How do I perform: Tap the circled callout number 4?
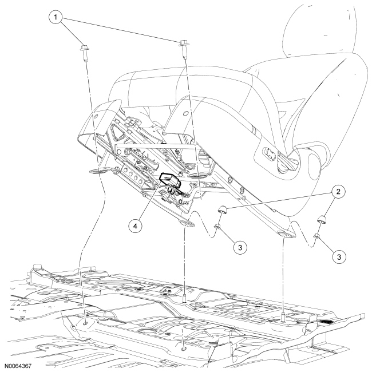(136, 226)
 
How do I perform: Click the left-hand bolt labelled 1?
(83, 49)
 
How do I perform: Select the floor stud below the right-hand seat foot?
(284, 315)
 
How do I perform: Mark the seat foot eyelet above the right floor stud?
(284, 234)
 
